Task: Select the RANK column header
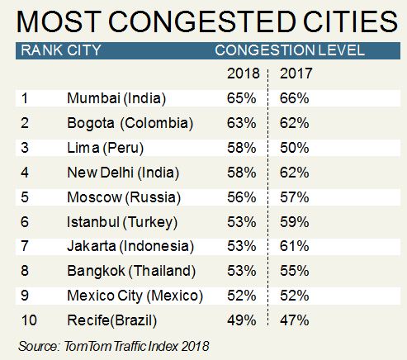click(x=42, y=50)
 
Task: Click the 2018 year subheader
click(x=243, y=74)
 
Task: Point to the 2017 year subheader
click(x=294, y=74)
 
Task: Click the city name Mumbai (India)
click(x=116, y=98)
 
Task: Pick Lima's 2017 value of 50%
click(x=294, y=148)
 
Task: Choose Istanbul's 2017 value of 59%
click(x=294, y=221)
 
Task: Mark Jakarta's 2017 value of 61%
click(x=294, y=246)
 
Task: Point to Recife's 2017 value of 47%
click(x=294, y=320)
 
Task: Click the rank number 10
click(x=26, y=320)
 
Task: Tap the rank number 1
click(x=24, y=98)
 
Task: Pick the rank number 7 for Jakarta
click(x=24, y=246)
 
